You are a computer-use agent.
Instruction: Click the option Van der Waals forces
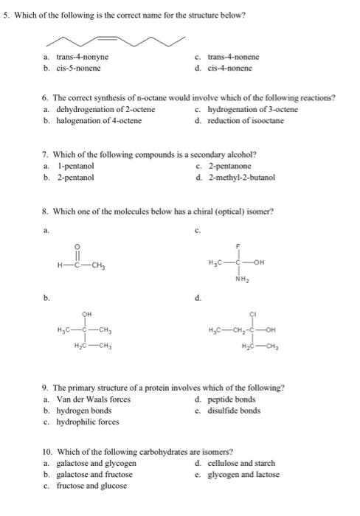93,400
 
